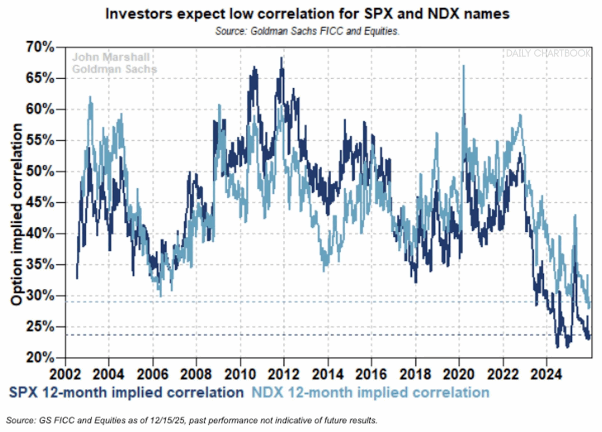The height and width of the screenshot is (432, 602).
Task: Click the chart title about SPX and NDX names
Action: click(x=307, y=14)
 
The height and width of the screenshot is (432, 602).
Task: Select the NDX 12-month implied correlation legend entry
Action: click(x=369, y=392)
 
